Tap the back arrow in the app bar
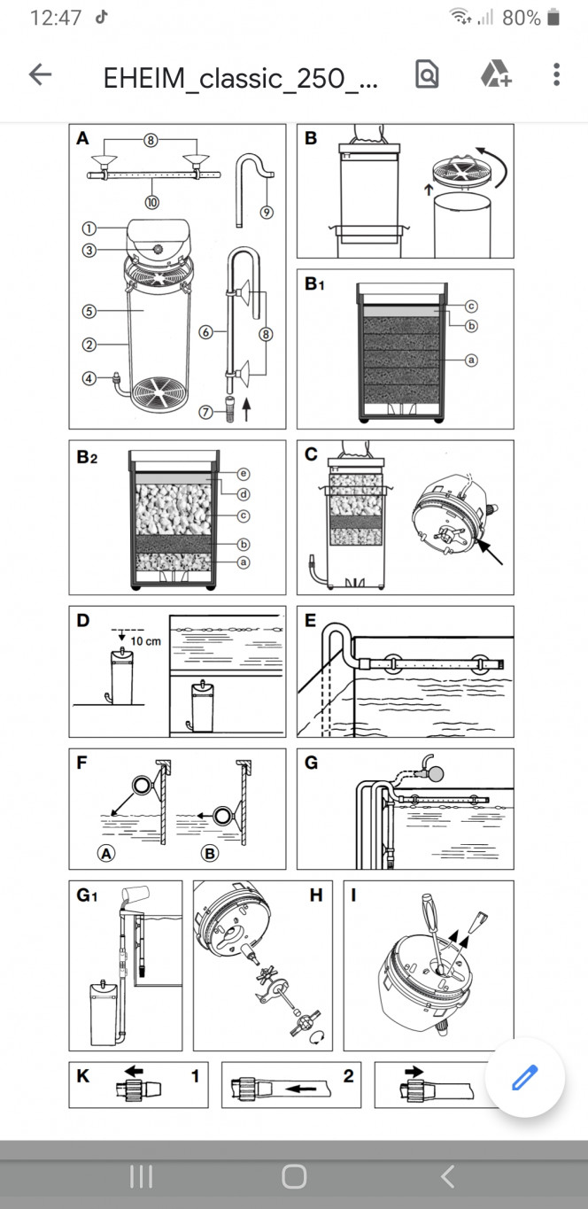coord(41,75)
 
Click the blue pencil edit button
coord(524,1078)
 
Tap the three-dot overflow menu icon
coord(556,75)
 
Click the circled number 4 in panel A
coord(89,376)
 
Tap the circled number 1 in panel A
coord(89,226)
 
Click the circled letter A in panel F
coord(105,854)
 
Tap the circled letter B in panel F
coord(210,854)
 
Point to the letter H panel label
coord(315,895)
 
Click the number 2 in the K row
coord(348,1076)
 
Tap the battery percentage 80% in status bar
coord(521,18)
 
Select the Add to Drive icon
coord(496,75)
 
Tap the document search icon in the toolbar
coord(427,75)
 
